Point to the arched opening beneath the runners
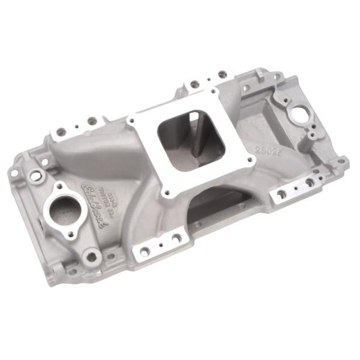coord(210,204)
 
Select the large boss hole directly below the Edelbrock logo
coord(92,256)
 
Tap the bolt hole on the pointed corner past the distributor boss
coord(340,161)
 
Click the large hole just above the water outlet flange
coord(36,176)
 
